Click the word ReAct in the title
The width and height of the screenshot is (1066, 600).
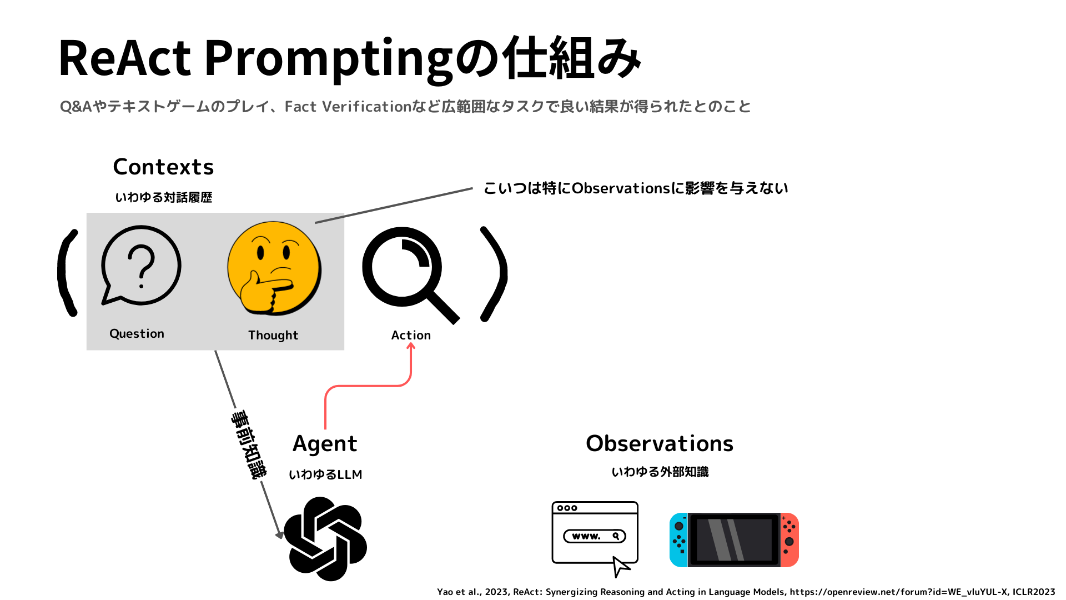pyautogui.click(x=125, y=58)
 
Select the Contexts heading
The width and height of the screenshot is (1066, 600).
pyautogui.click(x=163, y=167)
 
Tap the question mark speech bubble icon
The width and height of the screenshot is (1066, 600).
pyautogui.click(x=141, y=266)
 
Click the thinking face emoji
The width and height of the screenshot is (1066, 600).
pyautogui.click(x=274, y=268)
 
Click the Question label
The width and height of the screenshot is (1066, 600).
pyautogui.click(x=137, y=333)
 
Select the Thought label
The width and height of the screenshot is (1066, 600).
pyautogui.click(x=273, y=335)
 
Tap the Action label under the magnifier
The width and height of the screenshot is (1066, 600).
pyautogui.click(x=411, y=335)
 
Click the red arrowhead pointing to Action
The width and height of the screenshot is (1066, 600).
pyautogui.click(x=411, y=346)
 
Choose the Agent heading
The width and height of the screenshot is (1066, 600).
pyautogui.click(x=325, y=444)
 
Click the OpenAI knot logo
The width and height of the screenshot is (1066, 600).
pyautogui.click(x=325, y=539)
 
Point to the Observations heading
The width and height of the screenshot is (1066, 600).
pyautogui.click(x=660, y=443)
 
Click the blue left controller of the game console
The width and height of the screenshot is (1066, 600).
pyautogui.click(x=678, y=540)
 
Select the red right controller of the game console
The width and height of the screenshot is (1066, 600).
pyautogui.click(x=790, y=540)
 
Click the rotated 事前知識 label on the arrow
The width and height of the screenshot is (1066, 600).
pyautogui.click(x=249, y=444)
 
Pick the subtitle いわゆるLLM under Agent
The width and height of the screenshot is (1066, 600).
pyautogui.click(x=325, y=474)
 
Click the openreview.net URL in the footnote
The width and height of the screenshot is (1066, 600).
pyautogui.click(x=898, y=592)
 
